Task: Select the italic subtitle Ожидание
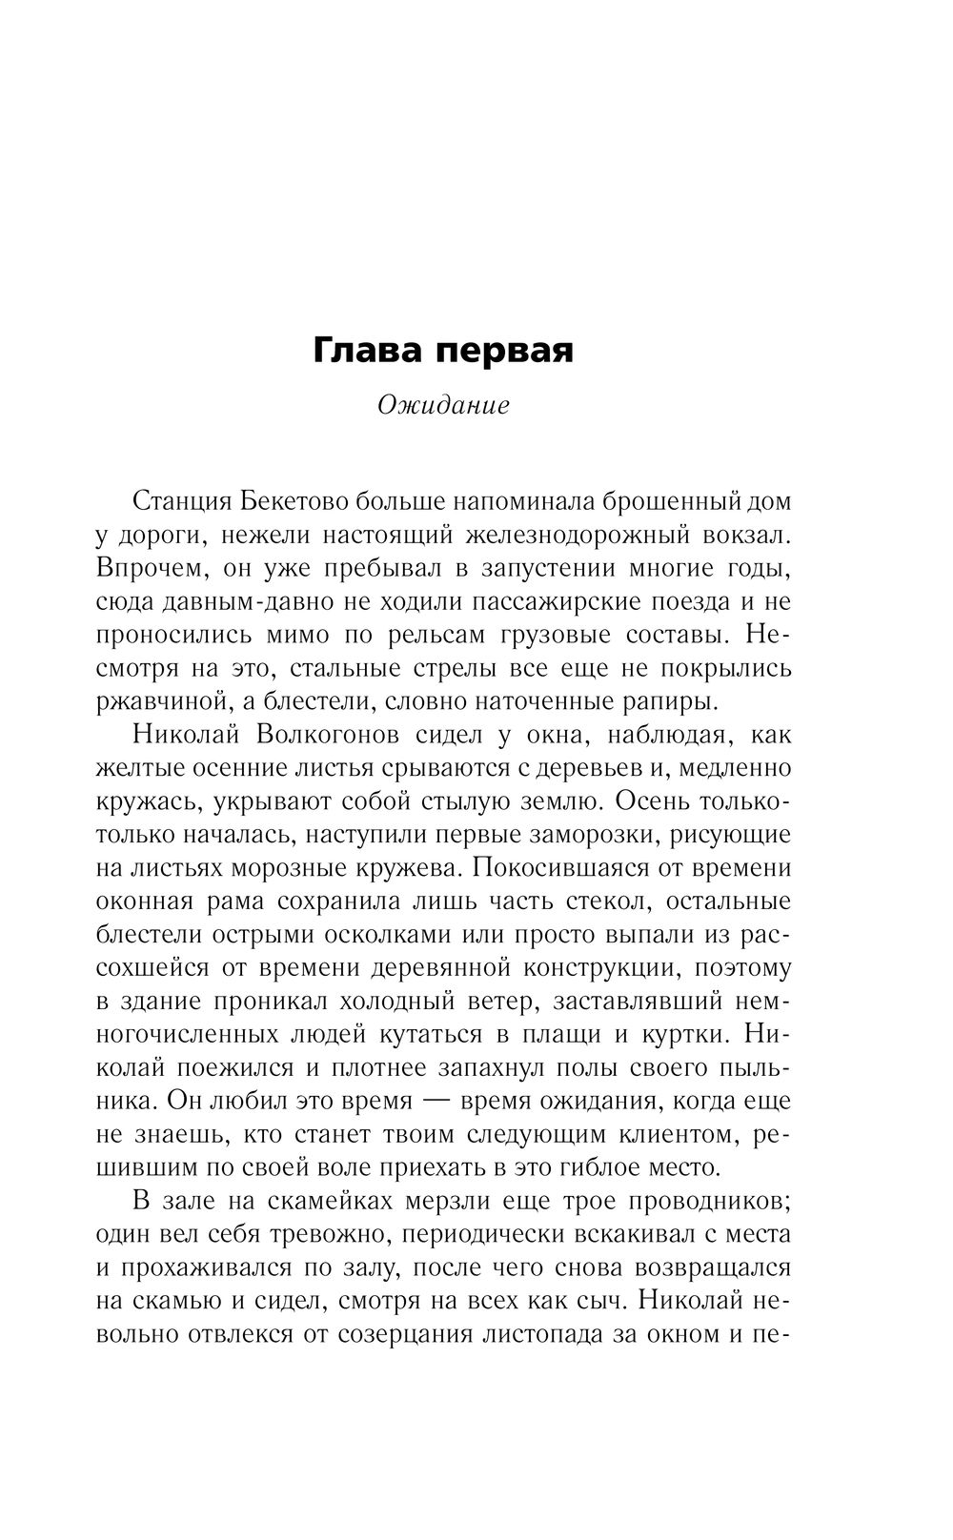tap(444, 406)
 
